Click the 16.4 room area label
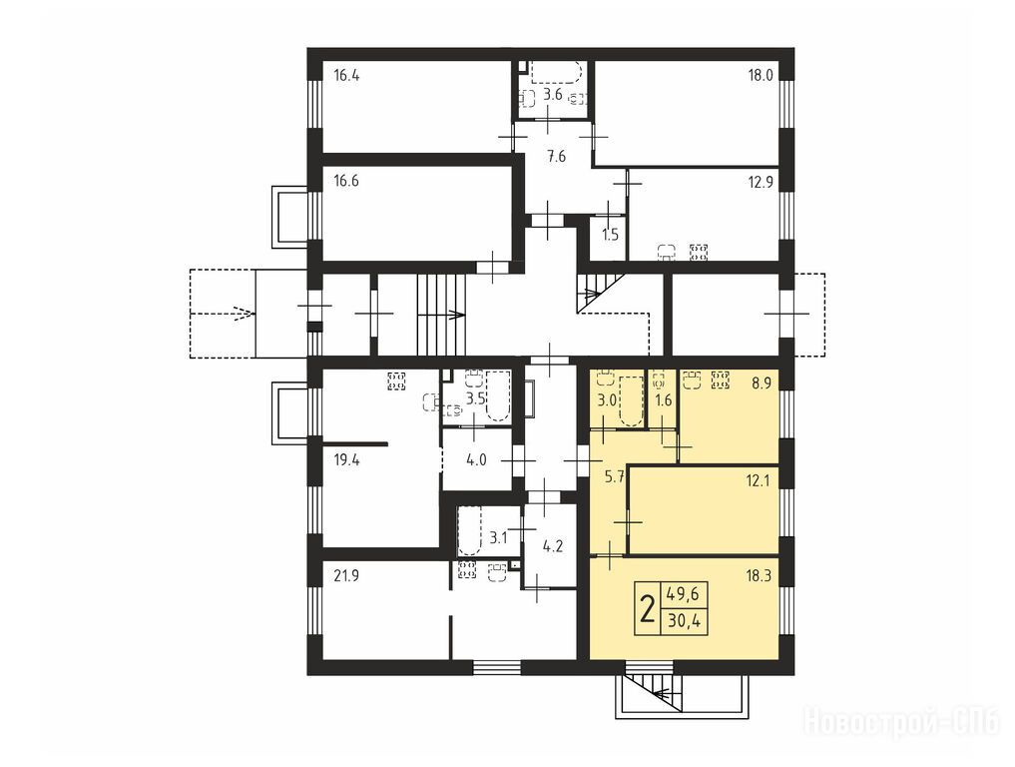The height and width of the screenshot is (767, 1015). (346, 75)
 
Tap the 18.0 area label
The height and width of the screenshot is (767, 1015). (761, 75)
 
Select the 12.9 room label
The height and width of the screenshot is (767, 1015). (761, 182)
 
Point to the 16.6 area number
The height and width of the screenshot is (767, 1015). (346, 181)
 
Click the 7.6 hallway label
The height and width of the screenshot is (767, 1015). (556, 156)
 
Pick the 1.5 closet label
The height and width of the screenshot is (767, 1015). (611, 234)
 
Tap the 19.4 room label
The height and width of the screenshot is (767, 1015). (346, 460)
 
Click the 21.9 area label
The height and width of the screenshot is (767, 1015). (346, 575)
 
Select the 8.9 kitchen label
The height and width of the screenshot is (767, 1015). (761, 383)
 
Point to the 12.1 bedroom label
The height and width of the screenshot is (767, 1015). (759, 480)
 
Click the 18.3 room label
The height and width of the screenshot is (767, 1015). (759, 575)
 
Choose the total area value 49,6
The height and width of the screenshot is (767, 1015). (683, 594)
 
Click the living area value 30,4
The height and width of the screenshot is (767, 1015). (683, 622)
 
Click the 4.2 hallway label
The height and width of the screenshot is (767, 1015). (552, 545)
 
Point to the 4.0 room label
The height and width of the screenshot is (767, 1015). (476, 460)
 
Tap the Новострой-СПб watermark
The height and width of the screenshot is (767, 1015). (901, 721)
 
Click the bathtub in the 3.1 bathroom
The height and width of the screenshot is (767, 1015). (469, 531)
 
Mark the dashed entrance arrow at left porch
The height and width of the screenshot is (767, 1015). (221, 314)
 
